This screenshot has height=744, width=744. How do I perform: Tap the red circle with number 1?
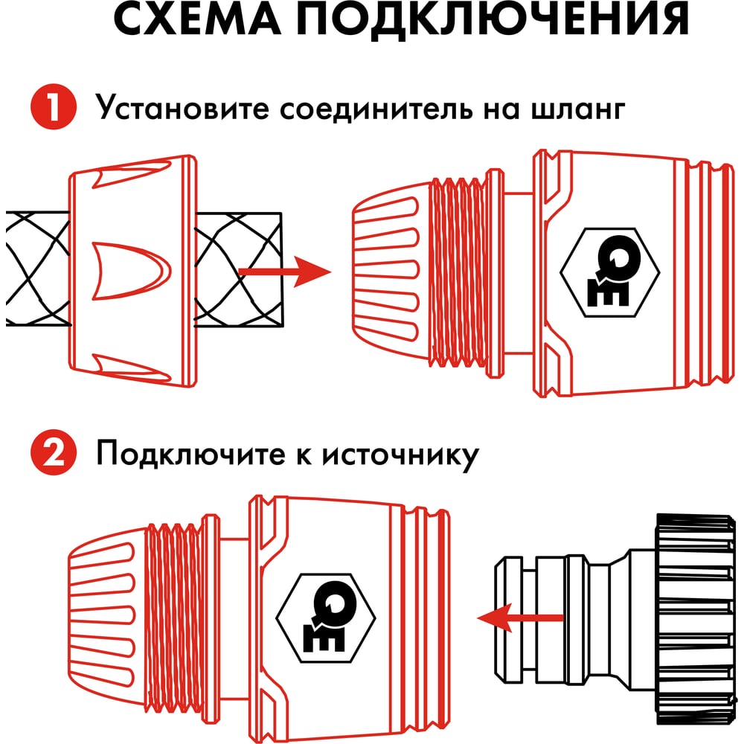(x=54, y=106)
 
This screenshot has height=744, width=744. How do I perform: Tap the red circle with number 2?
(x=54, y=452)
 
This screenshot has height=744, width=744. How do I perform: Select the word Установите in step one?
(x=182, y=107)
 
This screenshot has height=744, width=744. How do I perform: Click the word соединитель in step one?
(x=376, y=109)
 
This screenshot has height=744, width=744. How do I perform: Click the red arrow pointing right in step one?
(x=285, y=272)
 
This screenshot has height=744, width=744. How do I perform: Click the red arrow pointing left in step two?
(x=520, y=618)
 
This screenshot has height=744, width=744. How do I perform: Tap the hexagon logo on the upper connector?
(x=610, y=272)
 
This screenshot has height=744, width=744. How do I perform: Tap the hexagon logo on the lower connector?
(x=326, y=618)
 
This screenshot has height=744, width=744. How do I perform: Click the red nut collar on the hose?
(x=133, y=271)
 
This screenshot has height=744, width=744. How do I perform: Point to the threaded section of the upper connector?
(x=458, y=272)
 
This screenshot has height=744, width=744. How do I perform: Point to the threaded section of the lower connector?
(x=173, y=618)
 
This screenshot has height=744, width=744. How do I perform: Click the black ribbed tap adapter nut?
(x=695, y=618)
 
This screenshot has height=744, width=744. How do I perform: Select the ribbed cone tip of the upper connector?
(x=391, y=272)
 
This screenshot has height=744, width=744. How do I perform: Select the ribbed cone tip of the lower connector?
(x=107, y=618)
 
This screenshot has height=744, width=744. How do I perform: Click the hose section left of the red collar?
(x=38, y=269)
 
